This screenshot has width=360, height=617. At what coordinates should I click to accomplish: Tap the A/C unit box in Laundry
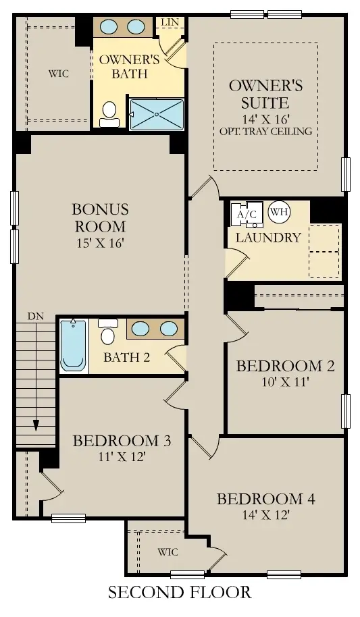[x=246, y=214]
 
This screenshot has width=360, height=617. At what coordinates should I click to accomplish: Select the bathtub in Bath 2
[x=73, y=346]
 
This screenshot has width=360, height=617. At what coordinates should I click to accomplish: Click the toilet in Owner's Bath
[x=109, y=115]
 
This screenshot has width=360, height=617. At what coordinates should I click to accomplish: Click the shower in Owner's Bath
[x=157, y=114]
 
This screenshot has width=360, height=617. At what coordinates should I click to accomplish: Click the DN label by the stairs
[x=36, y=316]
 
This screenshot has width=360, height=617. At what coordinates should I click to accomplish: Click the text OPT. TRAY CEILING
[x=265, y=131]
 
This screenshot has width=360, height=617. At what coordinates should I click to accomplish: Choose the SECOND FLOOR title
[x=180, y=593]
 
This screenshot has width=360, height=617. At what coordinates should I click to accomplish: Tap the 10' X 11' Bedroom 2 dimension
[x=284, y=382]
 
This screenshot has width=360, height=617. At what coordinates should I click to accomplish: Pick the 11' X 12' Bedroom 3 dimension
[x=122, y=456]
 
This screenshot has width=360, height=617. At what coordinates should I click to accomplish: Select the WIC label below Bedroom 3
[x=168, y=552]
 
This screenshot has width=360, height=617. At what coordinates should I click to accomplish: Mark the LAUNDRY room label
[x=268, y=238]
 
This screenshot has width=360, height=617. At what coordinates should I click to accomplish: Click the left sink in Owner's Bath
[x=111, y=27]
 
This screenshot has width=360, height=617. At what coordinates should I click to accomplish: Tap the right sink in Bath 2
[x=168, y=329]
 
